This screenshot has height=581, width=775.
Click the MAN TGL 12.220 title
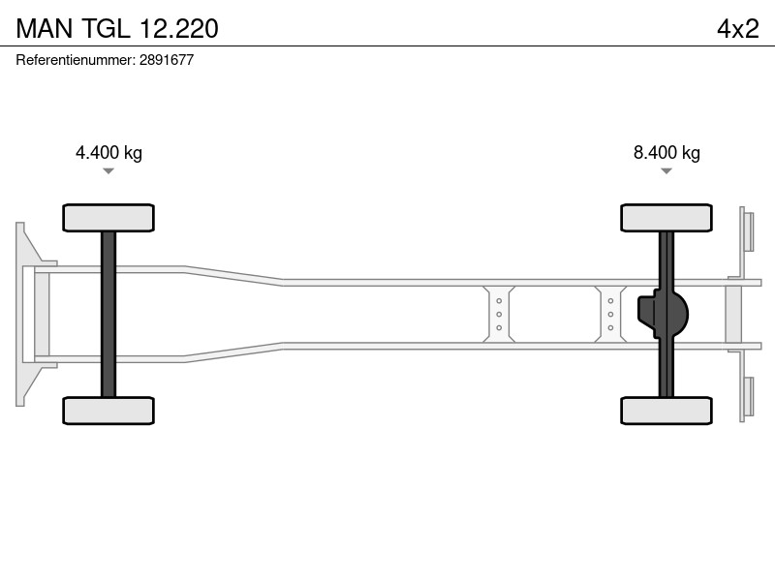coord(117,28)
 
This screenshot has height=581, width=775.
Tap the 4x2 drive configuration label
coord(738,29)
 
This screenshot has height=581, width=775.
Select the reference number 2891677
coord(167,60)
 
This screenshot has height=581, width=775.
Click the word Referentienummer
coord(75,60)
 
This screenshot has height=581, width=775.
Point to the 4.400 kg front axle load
coord(108,153)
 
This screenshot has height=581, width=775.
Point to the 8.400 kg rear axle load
coord(666,153)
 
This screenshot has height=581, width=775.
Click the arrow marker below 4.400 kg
coord(108,171)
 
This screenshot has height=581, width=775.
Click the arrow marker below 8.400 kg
coord(666,171)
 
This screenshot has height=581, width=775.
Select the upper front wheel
coord(108,218)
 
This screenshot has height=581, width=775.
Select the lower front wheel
coord(108,411)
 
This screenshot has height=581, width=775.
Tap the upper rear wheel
coord(666,218)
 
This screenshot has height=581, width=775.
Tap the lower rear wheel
coord(666,411)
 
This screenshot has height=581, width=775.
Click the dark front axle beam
coord(108,314)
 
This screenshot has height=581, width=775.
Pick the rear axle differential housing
coord(663,314)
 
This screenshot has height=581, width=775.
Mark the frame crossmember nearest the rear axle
coord(610,314)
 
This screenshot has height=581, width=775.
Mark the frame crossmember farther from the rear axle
coord(499,314)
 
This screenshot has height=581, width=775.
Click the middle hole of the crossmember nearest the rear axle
coord(610,314)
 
